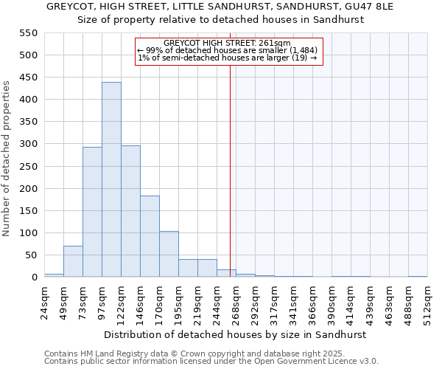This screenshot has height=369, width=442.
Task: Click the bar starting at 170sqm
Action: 169,254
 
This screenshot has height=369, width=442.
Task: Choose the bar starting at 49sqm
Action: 73,261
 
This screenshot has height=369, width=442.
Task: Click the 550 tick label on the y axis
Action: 28,33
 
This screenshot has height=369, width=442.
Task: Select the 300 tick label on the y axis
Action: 28,144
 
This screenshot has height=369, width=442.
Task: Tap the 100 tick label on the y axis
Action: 28,233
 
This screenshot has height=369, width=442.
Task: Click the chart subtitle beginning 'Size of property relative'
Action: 221,20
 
